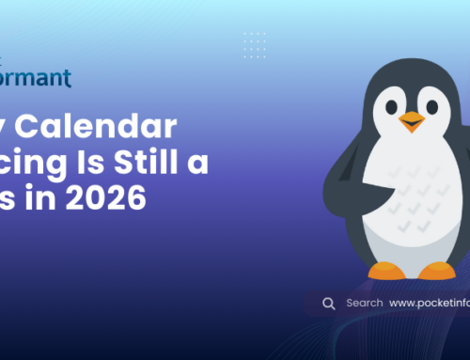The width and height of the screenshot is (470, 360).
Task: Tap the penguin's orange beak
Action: click(x=412, y=120)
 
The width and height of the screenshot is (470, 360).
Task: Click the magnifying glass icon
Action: click(x=329, y=304)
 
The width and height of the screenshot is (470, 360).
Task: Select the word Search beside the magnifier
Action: click(x=365, y=304)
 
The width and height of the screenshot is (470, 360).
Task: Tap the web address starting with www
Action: click(x=429, y=304)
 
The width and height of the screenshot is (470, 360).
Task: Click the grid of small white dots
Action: click(x=255, y=43)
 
